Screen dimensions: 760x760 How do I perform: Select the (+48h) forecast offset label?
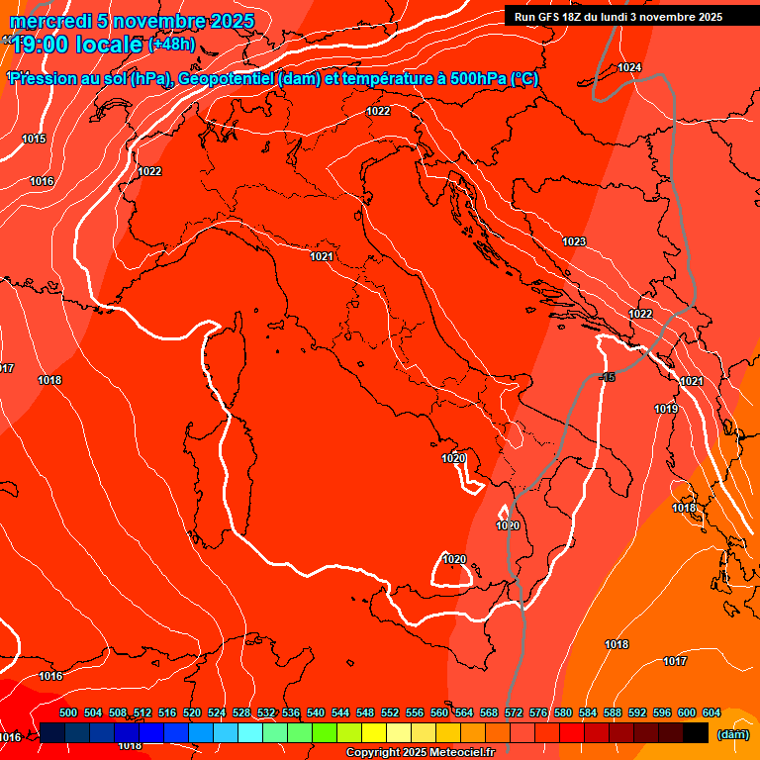[171, 45]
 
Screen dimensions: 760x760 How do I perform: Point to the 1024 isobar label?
[629, 67]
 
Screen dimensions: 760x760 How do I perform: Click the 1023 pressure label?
[574, 241]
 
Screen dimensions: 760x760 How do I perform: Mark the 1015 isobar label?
[34, 139]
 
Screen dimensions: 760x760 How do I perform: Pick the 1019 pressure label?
[666, 409]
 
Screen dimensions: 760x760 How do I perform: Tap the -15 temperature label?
[607, 377]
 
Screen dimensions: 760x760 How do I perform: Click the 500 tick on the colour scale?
[68, 712]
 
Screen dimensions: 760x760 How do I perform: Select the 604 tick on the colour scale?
[711, 712]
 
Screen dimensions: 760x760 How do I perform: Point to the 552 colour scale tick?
[390, 712]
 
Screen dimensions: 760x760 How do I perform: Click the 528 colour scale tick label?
[241, 712]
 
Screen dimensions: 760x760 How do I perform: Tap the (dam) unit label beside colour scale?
[733, 733]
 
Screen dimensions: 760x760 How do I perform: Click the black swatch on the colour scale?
[696, 732]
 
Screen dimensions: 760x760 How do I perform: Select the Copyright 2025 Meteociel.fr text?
[420, 753]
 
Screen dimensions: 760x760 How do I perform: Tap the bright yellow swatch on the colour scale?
[374, 732]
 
